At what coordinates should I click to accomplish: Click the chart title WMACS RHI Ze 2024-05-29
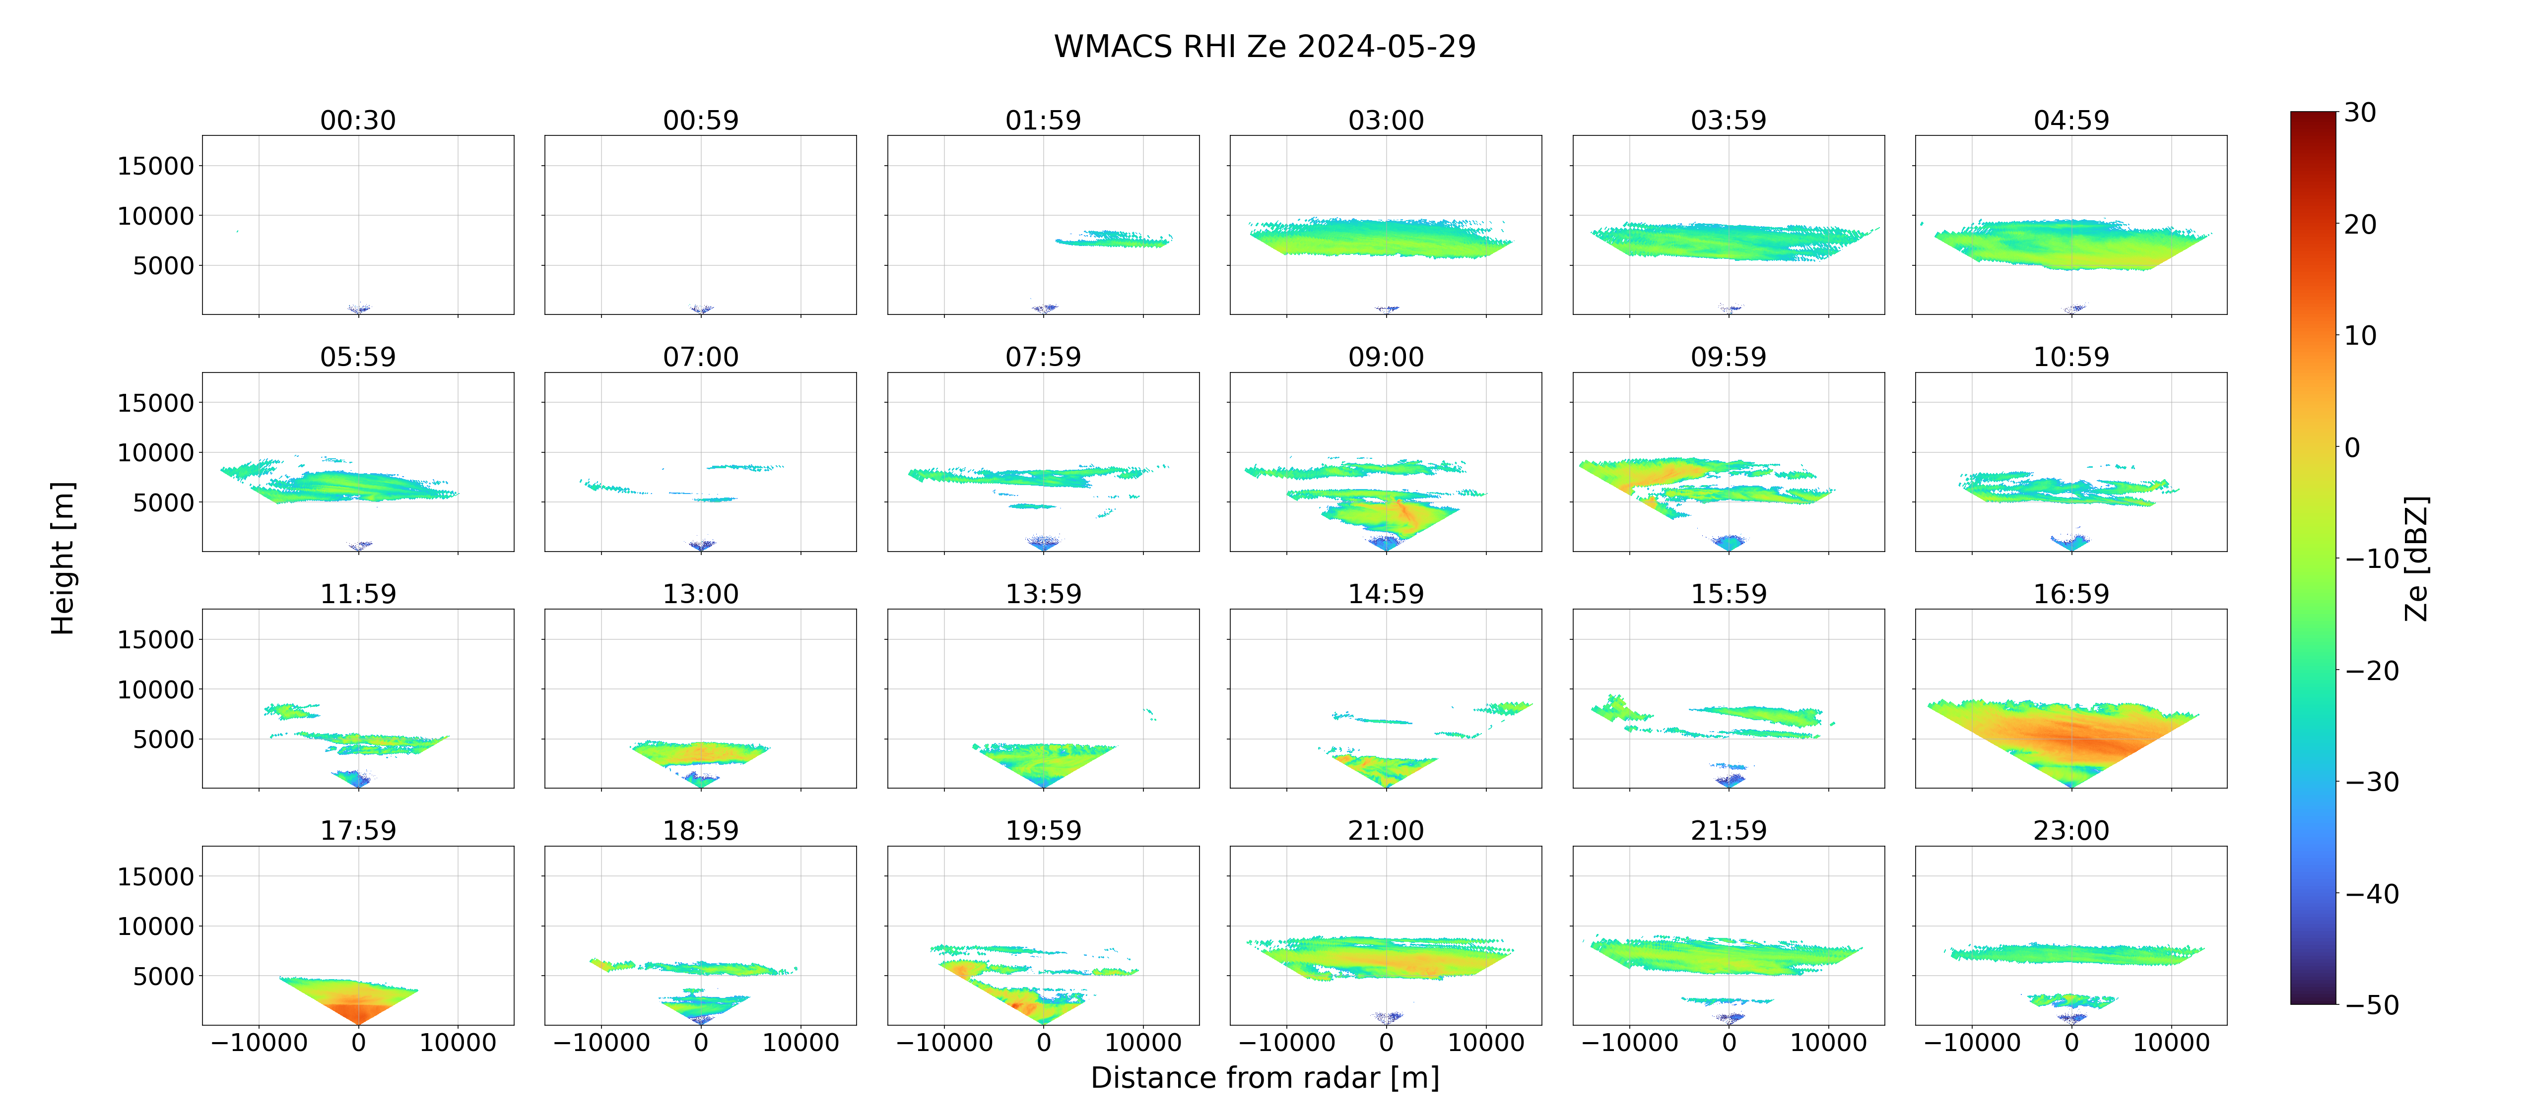(x=1265, y=46)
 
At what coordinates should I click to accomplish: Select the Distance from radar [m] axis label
(x=1265, y=1078)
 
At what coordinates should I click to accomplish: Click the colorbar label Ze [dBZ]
(x=2416, y=558)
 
